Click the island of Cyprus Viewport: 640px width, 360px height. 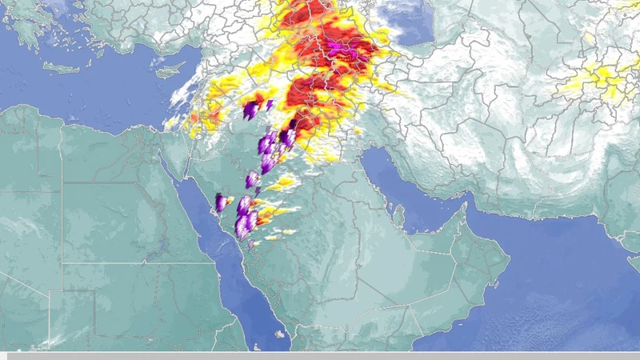point(170,70)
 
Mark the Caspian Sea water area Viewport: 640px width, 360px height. point(408,20)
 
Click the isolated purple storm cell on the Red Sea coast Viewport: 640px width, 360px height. point(220,202)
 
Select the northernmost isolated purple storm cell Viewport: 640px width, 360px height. point(251,110)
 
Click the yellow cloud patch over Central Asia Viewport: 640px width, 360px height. point(596,80)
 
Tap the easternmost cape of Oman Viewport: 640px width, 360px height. point(510,258)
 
